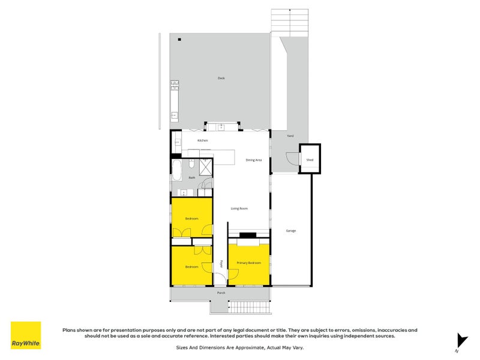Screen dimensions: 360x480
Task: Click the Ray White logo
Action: (26, 335)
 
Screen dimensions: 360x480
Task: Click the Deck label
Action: (221, 78)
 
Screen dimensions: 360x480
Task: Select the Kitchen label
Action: (203, 140)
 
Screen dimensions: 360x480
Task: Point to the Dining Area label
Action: (254, 160)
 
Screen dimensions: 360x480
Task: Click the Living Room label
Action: (239, 208)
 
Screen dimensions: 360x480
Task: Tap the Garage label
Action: (291, 230)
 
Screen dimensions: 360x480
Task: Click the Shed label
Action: (310, 160)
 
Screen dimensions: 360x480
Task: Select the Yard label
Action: (290, 136)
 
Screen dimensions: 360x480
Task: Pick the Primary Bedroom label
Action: (248, 263)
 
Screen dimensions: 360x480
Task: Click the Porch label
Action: (221, 293)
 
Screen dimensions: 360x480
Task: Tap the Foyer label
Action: (221, 263)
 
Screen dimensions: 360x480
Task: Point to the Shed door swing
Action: (291, 159)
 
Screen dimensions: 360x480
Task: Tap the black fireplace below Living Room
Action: (247, 235)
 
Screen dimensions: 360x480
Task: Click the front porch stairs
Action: (240, 308)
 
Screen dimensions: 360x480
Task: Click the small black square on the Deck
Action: (179, 39)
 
